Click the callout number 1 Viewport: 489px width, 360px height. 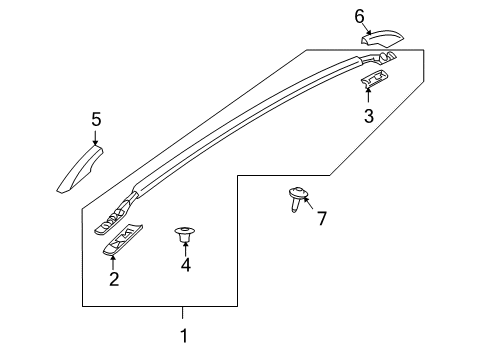tap(183, 335)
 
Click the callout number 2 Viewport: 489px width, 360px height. tap(114, 279)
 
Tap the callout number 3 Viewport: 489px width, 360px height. tap(368, 116)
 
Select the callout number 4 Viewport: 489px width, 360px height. tap(185, 265)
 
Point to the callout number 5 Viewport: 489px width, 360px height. tap(96, 120)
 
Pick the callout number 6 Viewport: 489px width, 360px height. tap(360, 16)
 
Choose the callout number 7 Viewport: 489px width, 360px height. tap(321, 218)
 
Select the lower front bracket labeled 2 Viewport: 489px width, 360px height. tap(124, 239)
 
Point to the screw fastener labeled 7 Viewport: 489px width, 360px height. tap(298, 199)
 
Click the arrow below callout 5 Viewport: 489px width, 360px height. tap(96, 140)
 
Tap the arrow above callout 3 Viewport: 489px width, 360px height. tap(368, 95)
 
